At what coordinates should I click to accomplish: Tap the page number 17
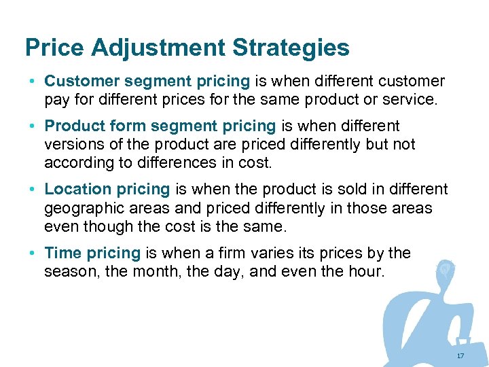click(460, 356)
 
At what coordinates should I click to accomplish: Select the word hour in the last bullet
click(367, 271)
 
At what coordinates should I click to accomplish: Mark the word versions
click(73, 144)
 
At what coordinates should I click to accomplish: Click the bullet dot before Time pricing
click(33, 254)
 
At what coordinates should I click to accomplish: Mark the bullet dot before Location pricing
click(33, 190)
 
